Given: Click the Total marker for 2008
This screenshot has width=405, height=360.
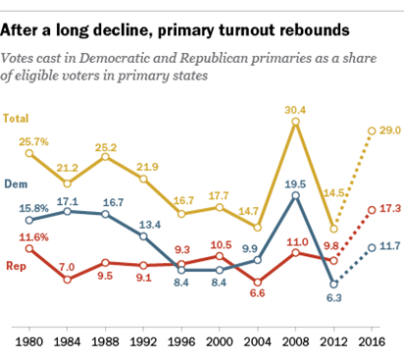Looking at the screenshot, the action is pos(295,122).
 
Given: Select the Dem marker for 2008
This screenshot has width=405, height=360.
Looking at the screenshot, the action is pos(295,196).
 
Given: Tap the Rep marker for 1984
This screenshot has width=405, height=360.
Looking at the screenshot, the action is pos(67,280).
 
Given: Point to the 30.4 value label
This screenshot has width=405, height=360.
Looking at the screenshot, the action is pos(295,110).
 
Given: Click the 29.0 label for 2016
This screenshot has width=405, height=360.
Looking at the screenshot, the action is pos(390,130).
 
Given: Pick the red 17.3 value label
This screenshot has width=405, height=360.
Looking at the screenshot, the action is pos(390,208).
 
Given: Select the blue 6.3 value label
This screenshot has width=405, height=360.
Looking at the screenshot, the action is pos(333,298).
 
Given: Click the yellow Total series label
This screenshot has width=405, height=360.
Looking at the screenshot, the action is pos(16,118).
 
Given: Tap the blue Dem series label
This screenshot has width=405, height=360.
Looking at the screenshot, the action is pos(16,184).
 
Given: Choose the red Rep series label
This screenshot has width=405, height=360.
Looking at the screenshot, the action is pos(16,266).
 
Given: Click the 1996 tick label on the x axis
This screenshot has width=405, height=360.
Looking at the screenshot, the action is pos(181,342).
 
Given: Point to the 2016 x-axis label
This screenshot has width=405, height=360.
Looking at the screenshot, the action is pos(372,342).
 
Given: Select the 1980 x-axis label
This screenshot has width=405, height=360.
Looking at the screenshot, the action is pos(29,342).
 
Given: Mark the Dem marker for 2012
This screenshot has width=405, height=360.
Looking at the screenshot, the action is pos(333,284).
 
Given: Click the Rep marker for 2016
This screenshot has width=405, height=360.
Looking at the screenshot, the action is pos(372,210).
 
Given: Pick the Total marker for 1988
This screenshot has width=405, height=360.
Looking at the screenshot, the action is pos(105,157).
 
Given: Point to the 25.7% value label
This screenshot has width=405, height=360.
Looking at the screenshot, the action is pos(33,142).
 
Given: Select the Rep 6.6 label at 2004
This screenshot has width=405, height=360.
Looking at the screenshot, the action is pos(257,293).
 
